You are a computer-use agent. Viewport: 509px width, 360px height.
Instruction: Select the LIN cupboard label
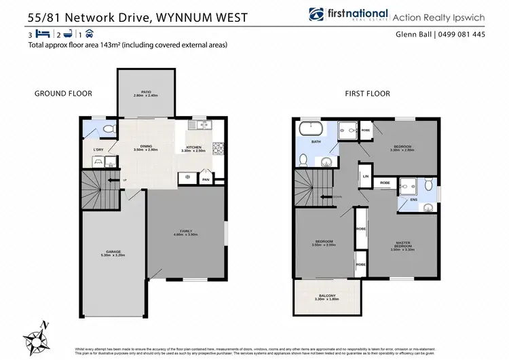pyautogui.click(x=365, y=176)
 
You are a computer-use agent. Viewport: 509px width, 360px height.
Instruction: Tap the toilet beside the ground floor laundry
pyautogui.click(x=110, y=129)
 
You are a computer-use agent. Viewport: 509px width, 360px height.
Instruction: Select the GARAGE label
pyautogui.click(x=113, y=252)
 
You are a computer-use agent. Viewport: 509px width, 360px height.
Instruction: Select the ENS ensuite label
pyautogui.click(x=413, y=200)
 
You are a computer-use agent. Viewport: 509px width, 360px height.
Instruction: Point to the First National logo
pyautogui.click(x=347, y=15)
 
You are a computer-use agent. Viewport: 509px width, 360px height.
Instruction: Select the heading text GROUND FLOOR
pyautogui.click(x=63, y=93)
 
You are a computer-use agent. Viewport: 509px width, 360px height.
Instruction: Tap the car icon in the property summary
pyautogui.click(x=90, y=33)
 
